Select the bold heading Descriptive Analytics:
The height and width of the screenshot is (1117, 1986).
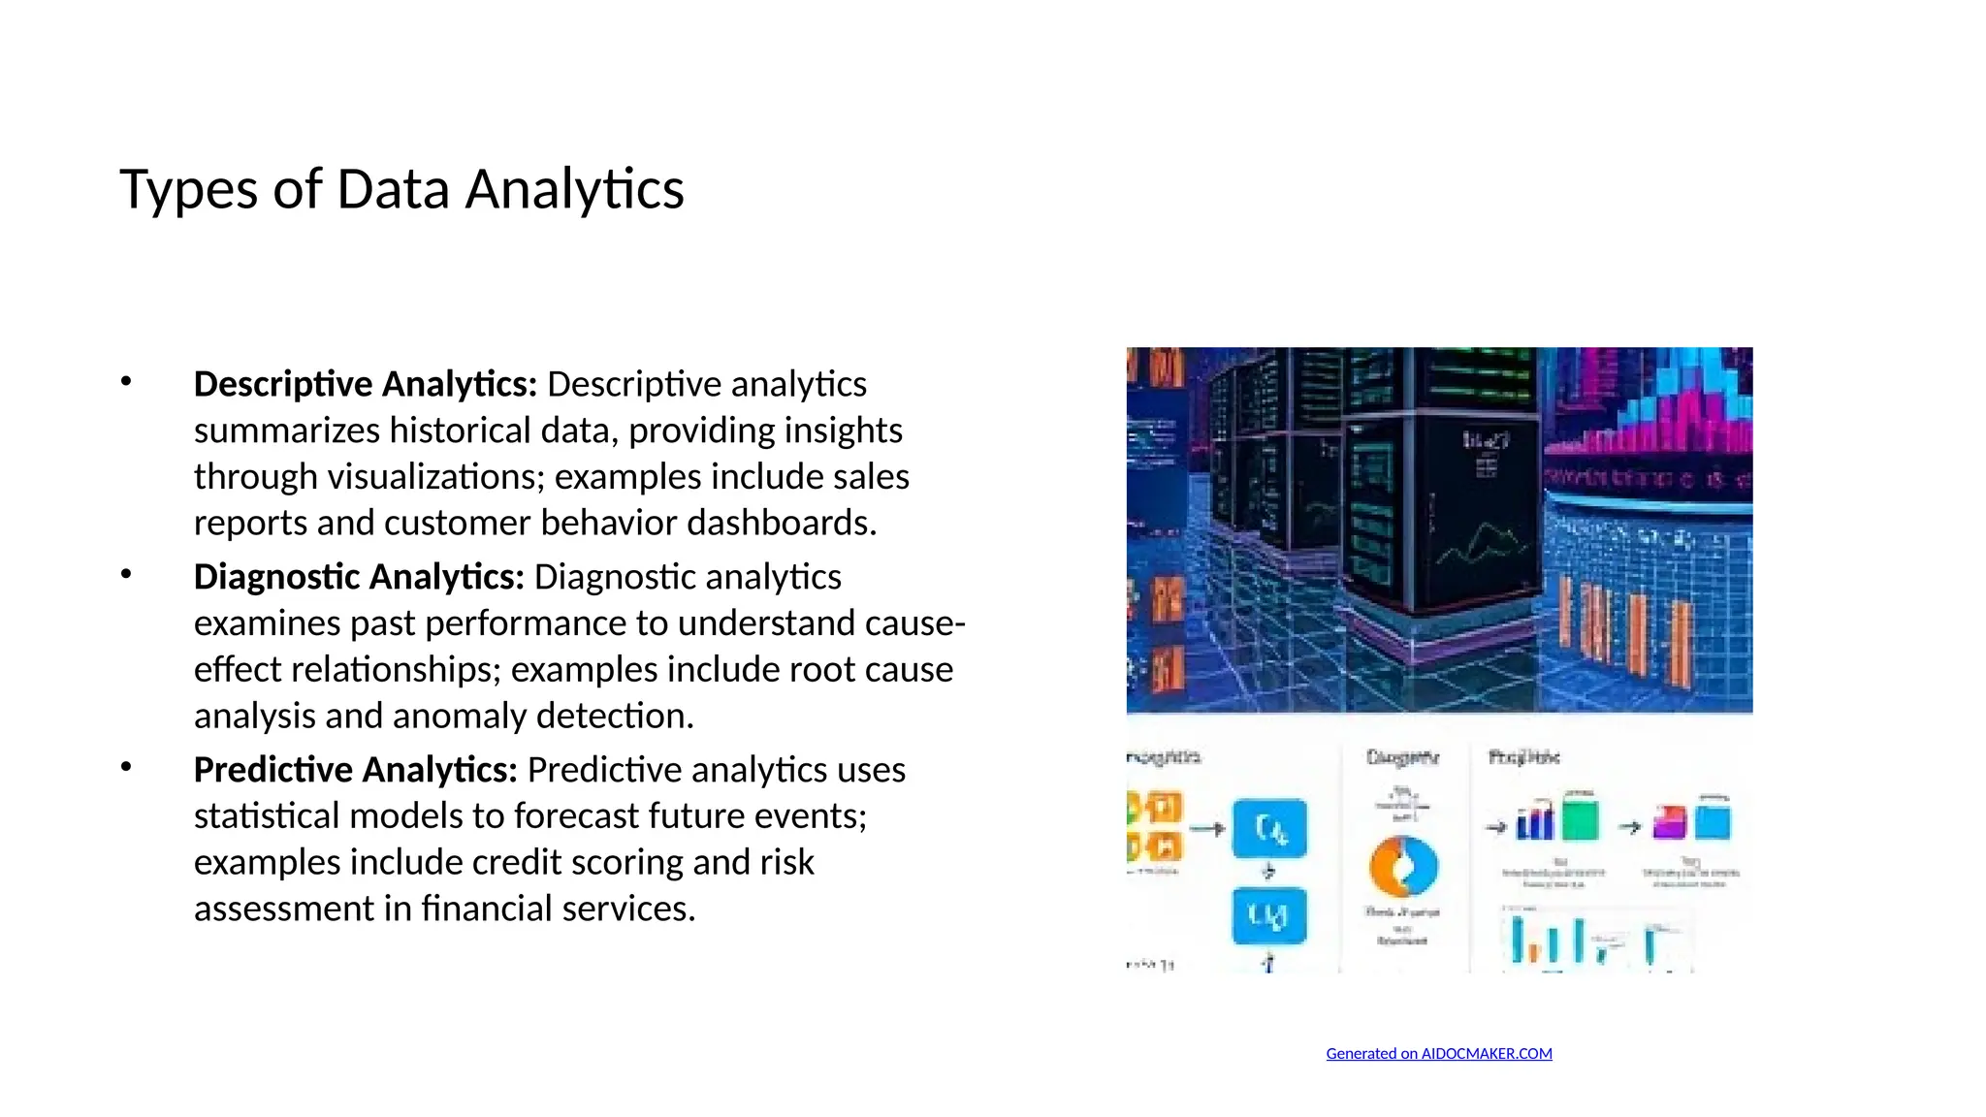(365, 385)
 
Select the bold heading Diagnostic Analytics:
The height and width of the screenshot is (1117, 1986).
(359, 578)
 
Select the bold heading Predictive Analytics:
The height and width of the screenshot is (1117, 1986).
(355, 771)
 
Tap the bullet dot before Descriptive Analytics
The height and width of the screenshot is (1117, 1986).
(126, 382)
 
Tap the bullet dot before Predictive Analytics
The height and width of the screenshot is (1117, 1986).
(126, 768)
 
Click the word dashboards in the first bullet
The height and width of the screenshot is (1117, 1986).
(781, 524)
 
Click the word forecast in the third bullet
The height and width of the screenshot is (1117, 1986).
(579, 816)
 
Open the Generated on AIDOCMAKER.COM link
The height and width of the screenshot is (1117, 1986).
(1438, 1054)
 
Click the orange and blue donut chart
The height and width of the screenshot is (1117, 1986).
(1402, 866)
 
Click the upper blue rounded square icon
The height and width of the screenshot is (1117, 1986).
(1269, 829)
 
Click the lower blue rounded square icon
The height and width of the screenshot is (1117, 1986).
(1269, 915)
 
